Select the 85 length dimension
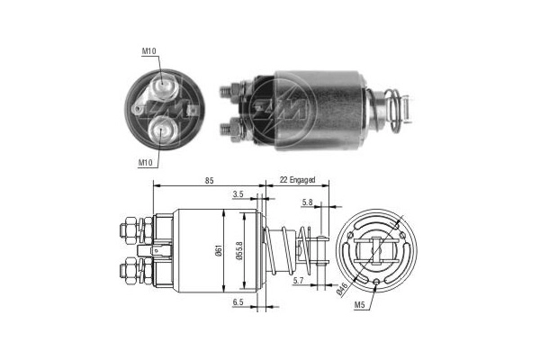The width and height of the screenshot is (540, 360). click(x=209, y=181)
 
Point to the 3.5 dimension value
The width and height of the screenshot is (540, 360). click(x=238, y=193)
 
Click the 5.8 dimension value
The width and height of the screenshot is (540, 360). click(x=309, y=202)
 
